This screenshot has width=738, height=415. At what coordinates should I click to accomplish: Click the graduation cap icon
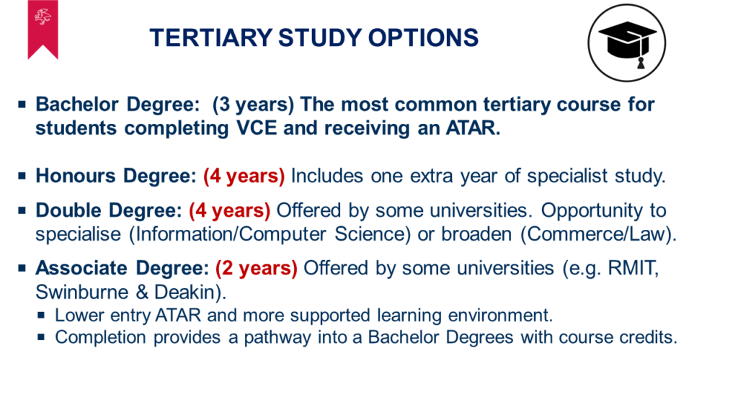click(626, 43)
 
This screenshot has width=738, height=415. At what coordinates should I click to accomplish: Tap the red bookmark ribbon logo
click(43, 28)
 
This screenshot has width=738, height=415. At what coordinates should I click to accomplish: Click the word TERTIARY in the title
click(211, 37)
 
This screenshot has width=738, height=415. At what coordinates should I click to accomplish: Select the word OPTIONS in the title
click(423, 37)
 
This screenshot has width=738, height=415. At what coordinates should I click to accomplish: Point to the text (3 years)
click(253, 104)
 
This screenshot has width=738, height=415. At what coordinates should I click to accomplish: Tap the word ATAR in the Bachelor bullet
click(473, 128)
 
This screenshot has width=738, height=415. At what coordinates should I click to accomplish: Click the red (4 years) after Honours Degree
click(244, 176)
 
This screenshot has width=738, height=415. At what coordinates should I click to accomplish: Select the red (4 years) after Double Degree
click(230, 210)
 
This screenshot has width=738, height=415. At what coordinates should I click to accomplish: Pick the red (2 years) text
click(257, 268)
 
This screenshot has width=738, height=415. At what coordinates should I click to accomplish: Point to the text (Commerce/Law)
click(598, 234)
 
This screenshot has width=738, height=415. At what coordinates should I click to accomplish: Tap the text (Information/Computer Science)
click(270, 234)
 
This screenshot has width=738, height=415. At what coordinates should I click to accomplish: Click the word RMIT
click(633, 268)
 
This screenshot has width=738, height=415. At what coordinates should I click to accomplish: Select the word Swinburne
click(82, 293)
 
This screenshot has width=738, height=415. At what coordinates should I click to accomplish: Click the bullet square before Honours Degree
click(22, 176)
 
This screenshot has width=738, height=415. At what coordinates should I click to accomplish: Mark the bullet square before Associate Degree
click(22, 268)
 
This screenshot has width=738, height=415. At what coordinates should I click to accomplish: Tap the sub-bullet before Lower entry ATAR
click(41, 315)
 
